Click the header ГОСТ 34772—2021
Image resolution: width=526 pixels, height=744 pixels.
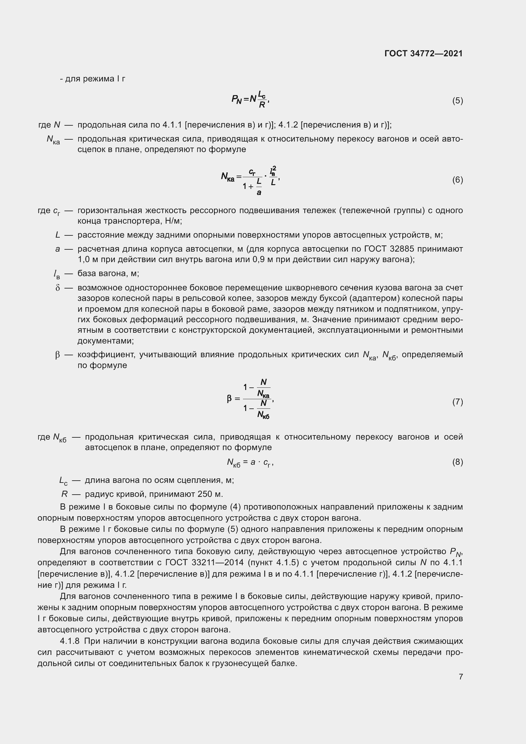point(423,54)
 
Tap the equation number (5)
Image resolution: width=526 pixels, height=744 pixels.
point(457,101)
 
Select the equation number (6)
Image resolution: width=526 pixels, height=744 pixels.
point(457,180)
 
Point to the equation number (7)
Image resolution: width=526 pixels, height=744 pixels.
point(457,402)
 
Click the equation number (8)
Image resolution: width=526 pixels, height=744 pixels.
point(457,462)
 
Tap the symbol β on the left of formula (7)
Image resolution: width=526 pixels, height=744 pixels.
point(229,399)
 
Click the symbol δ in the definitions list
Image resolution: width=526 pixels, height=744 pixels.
point(58,288)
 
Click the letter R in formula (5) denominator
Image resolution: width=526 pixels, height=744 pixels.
point(262,105)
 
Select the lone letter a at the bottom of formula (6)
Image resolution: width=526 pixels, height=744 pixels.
point(259,193)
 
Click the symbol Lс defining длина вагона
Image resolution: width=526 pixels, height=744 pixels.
point(63,481)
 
